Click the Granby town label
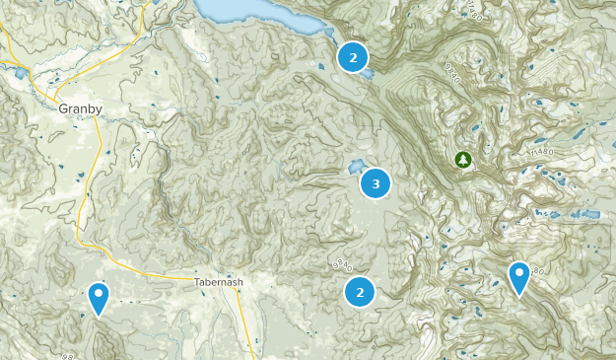tap(80, 109)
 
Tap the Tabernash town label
tap(218, 281)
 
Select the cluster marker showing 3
tap(376, 182)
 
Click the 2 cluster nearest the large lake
tap(352, 57)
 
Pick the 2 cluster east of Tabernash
tap(361, 291)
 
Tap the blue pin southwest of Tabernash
tap(98, 296)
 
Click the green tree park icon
tap(463, 158)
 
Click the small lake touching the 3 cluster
tap(355, 168)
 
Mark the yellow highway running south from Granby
tap(87, 187)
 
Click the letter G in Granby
tap(63, 109)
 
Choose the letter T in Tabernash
tap(196, 281)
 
